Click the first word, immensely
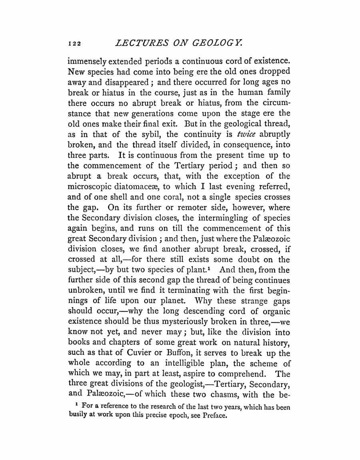point(87,62)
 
